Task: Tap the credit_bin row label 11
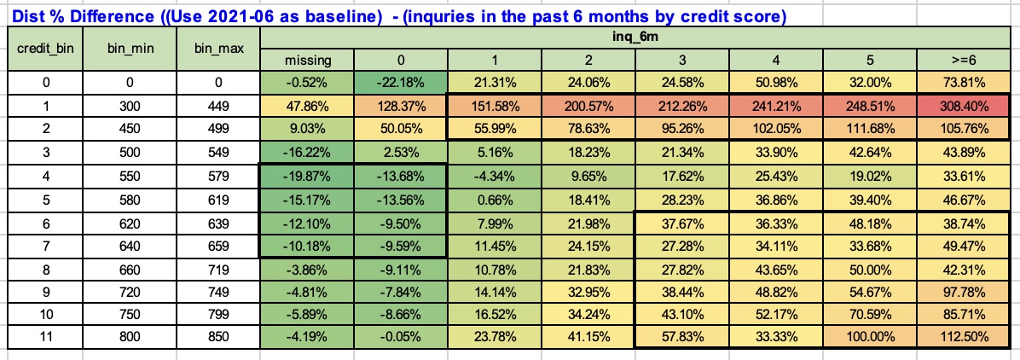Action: [46, 336]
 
